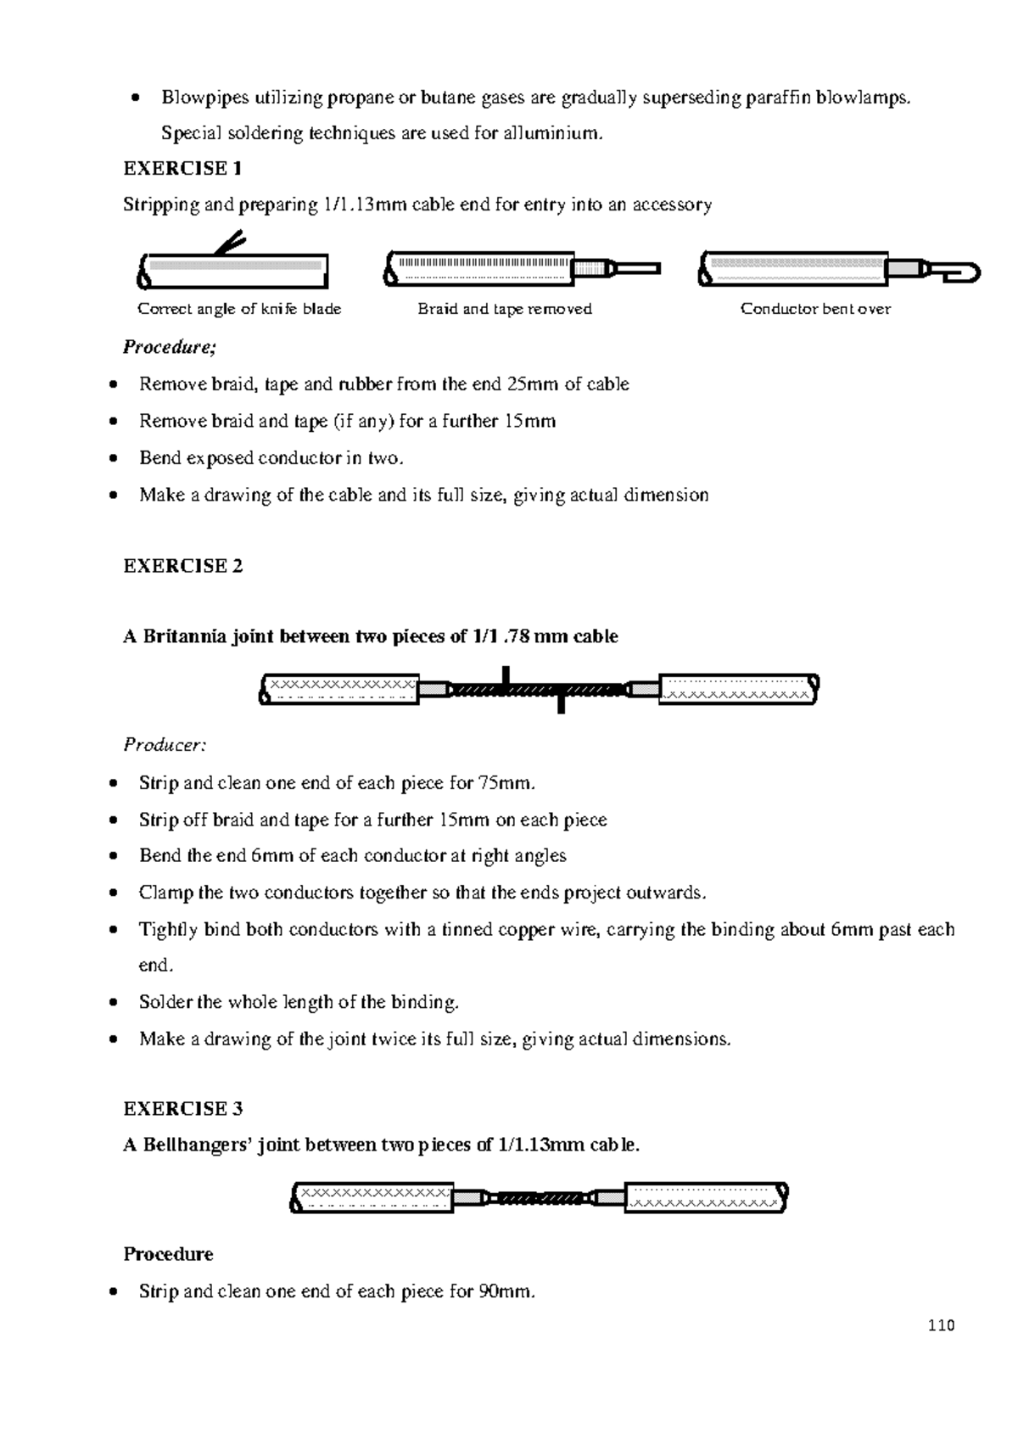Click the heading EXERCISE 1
(x=182, y=168)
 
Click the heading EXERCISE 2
(x=182, y=566)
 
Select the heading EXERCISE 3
(x=182, y=1108)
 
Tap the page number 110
(x=941, y=1325)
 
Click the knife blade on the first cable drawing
(x=230, y=243)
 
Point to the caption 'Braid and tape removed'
(x=504, y=309)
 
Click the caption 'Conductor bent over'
(x=815, y=309)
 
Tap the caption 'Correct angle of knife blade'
(x=239, y=309)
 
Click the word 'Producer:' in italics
(x=164, y=745)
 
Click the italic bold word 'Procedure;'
(x=170, y=346)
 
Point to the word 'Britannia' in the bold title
(x=185, y=636)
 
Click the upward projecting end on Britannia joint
(x=506, y=675)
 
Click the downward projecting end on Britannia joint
(x=561, y=704)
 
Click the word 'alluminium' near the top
(x=549, y=132)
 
